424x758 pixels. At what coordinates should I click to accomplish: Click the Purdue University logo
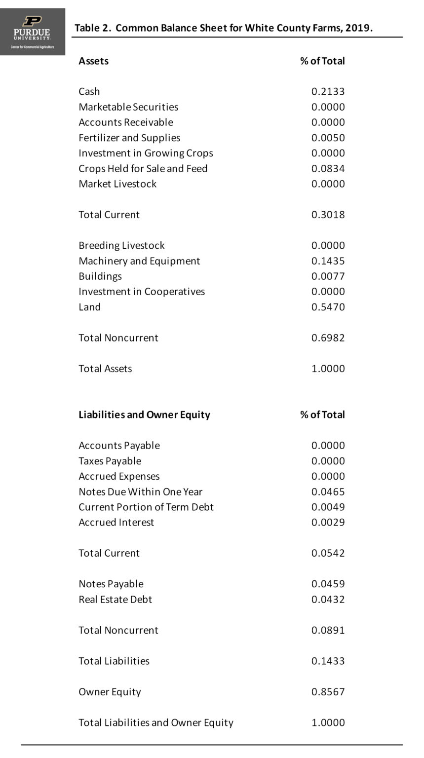33,32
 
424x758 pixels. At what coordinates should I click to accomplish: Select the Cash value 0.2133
328,91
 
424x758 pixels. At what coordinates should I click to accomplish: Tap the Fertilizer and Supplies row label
129,138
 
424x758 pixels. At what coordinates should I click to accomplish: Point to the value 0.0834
328,168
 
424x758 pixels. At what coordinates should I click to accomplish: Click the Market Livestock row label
117,184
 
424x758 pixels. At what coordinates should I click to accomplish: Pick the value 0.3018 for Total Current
328,215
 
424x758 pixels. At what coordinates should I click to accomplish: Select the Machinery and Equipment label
139,261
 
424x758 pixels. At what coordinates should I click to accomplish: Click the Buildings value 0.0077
328,276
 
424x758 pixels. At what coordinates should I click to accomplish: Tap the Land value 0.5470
328,307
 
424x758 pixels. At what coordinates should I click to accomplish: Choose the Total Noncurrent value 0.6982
328,338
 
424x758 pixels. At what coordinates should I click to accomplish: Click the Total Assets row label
105,369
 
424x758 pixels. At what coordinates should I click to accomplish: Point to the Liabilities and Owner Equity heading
144,415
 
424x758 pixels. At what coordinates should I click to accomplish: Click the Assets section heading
93,61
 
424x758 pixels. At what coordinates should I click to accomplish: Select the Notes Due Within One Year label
140,492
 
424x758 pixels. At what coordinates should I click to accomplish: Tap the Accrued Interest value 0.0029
328,522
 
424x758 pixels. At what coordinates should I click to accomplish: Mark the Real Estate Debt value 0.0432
328,599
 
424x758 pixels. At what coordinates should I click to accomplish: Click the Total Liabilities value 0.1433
328,661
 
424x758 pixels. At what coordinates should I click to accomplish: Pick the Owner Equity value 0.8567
328,691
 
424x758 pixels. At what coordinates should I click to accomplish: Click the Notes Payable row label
111,584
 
